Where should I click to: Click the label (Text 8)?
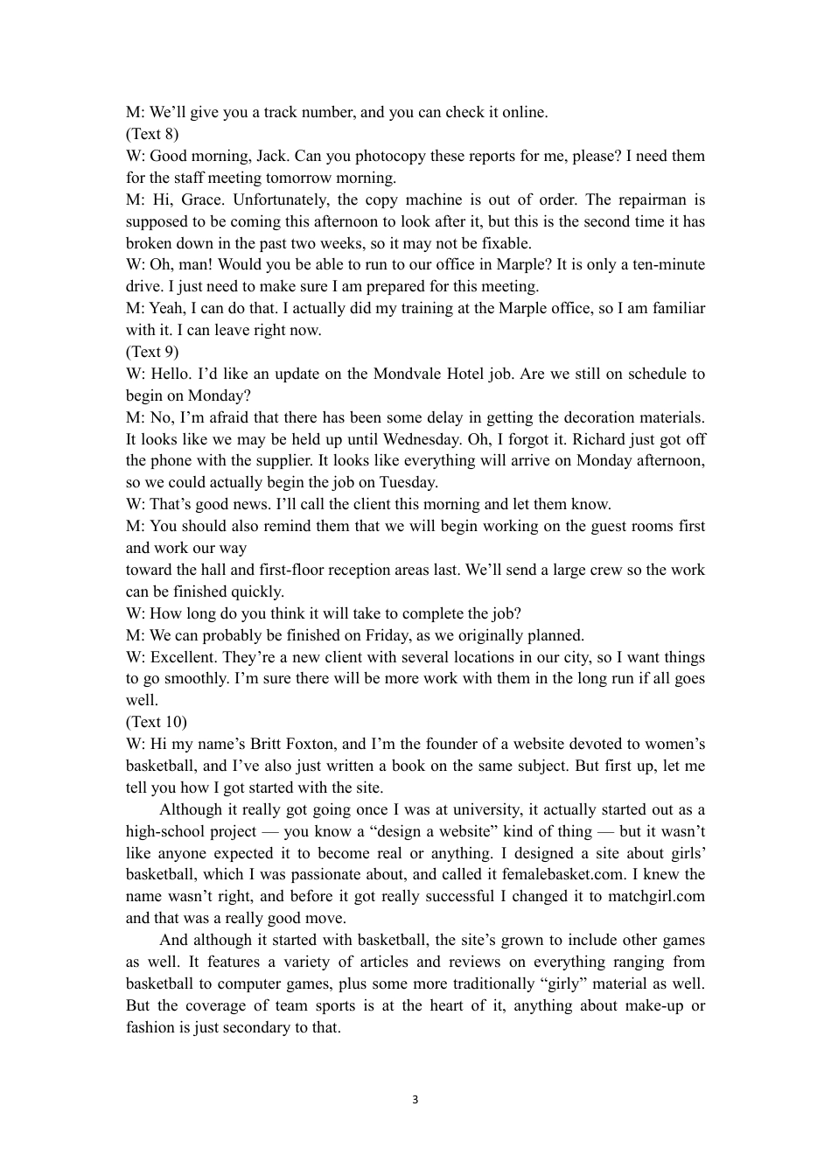(x=152, y=134)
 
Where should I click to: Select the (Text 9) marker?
(x=152, y=352)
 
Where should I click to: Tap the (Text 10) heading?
(x=156, y=722)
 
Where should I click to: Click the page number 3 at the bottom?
(x=415, y=1100)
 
